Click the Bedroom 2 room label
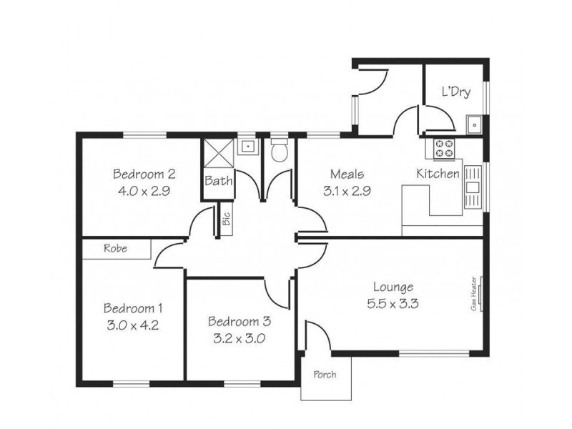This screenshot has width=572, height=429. tap(144, 174)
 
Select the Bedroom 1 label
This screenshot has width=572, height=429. tap(133, 308)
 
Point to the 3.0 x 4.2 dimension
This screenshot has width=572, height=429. tap(133, 325)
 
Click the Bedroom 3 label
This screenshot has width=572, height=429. tap(240, 321)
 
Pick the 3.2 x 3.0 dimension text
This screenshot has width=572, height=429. tap(240, 339)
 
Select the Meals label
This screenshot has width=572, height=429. tap(347, 174)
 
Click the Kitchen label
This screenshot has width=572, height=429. tap(438, 174)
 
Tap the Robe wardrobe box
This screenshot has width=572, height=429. tap(116, 249)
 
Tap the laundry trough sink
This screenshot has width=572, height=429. tap(473, 125)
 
